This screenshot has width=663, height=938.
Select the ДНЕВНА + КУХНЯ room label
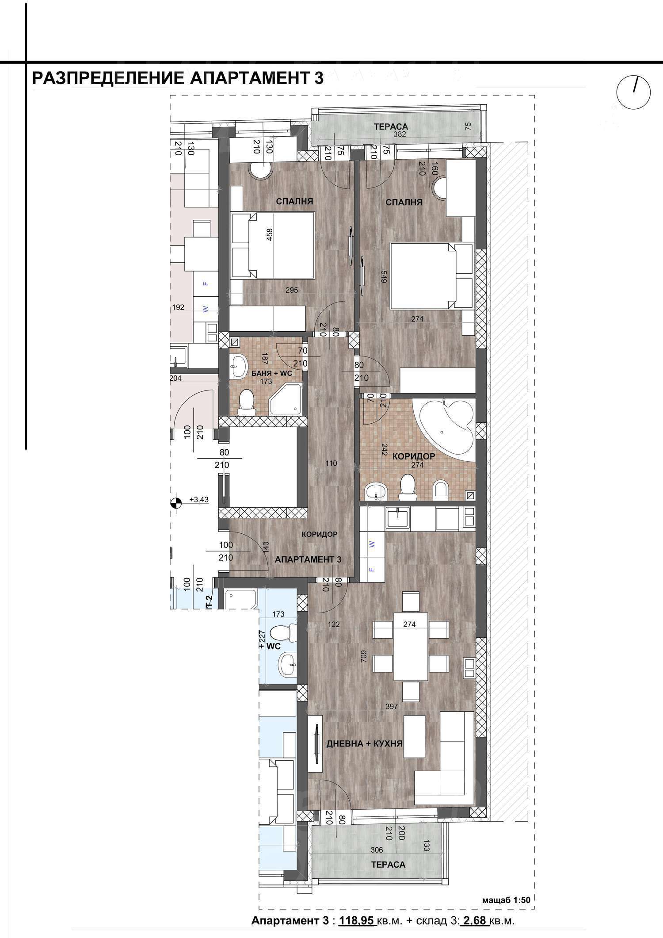(x=364, y=743)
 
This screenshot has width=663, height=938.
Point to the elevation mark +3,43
(x=198, y=500)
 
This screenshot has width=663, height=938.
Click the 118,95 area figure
(x=357, y=921)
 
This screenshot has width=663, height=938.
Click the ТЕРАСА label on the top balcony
(x=390, y=127)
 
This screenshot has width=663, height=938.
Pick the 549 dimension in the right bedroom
(x=384, y=276)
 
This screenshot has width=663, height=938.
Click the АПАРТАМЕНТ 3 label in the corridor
(x=308, y=559)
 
